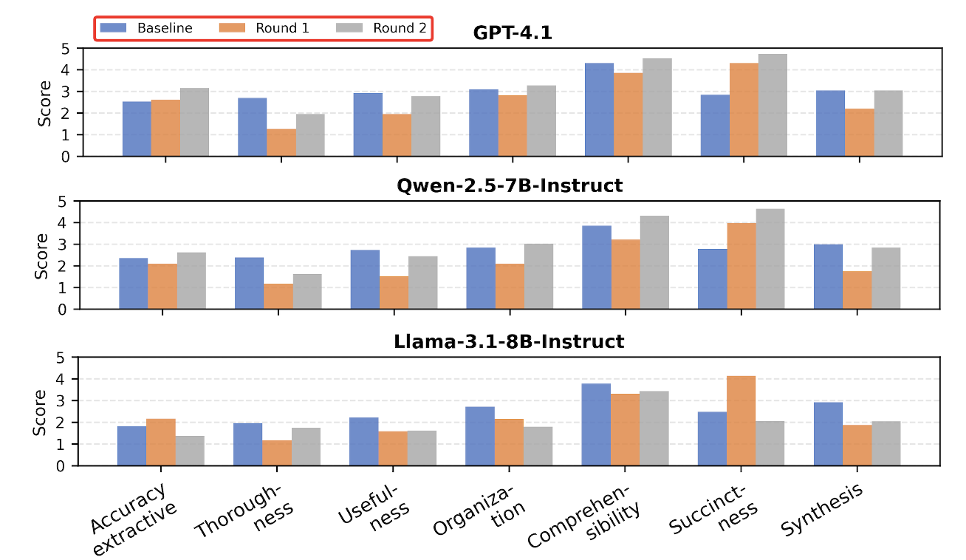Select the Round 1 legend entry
click(264, 28)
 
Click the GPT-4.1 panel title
click(512, 33)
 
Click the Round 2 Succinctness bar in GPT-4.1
click(773, 105)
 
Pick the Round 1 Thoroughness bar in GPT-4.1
click(281, 143)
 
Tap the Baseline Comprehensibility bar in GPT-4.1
click(599, 109)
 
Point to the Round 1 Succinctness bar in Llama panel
click(741, 420)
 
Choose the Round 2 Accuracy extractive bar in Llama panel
click(190, 451)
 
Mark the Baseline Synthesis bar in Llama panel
click(828, 434)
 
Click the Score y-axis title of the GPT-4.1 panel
click(44, 102)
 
